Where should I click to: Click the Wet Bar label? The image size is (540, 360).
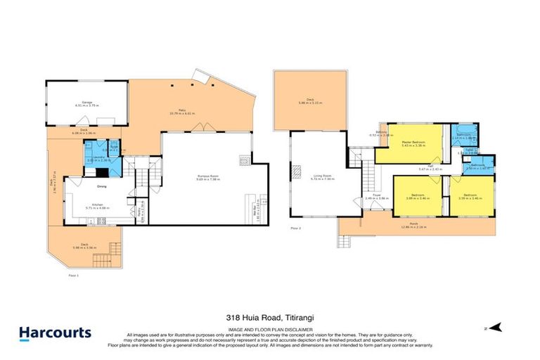pyautogui.click(x=255, y=210)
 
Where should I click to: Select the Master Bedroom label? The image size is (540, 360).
pyautogui.click(x=416, y=143)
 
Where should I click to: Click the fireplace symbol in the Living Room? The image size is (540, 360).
pyautogui.click(x=297, y=171)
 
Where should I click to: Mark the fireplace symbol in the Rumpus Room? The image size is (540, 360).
pyautogui.click(x=244, y=160)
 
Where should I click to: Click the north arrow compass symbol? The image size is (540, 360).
pyautogui.click(x=496, y=327)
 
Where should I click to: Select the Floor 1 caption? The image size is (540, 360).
pyautogui.click(x=71, y=275)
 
